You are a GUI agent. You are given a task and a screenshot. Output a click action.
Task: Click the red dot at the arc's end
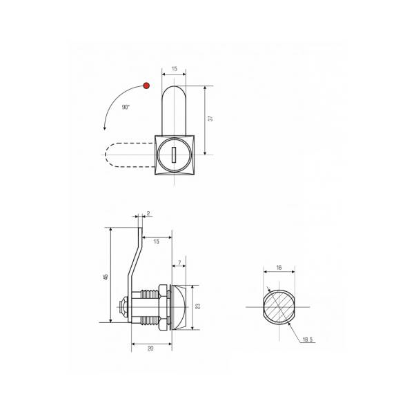[x=146, y=86]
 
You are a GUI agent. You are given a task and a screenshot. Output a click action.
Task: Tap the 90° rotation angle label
[x=126, y=107]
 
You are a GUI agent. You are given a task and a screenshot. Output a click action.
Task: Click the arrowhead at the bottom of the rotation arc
[x=105, y=128]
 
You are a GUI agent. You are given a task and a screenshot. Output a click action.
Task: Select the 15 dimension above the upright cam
[x=175, y=69]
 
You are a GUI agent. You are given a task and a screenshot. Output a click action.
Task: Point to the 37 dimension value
[x=210, y=119]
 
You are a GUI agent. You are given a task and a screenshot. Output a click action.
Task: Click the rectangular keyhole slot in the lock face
[x=174, y=155]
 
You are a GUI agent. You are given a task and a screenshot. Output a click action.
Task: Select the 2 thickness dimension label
[x=148, y=213]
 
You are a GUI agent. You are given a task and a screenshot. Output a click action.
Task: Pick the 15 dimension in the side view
[x=157, y=241]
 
